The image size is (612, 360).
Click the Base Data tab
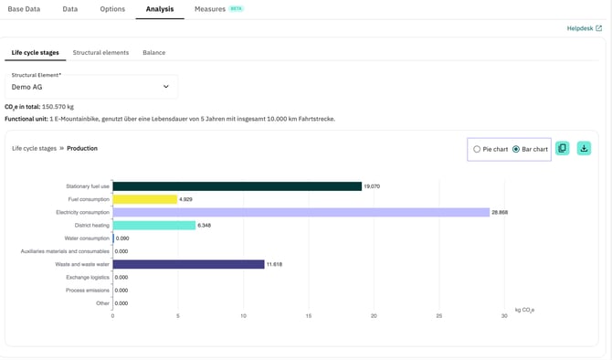(24, 9)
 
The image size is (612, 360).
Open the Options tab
(112, 9)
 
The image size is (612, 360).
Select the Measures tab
(210, 9)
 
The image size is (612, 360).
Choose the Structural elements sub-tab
(100, 53)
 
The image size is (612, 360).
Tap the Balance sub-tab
(153, 53)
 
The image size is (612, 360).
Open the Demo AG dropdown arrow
(166, 87)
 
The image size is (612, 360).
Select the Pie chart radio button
(477, 149)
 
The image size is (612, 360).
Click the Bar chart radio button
(516, 149)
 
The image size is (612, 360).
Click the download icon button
(584, 148)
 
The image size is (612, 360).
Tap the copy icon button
(562, 148)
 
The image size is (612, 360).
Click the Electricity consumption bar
(301, 212)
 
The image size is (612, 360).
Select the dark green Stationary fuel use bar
(237, 186)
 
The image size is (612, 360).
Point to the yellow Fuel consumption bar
(144, 199)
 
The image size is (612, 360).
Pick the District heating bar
(153, 225)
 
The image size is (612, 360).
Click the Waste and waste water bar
(188, 264)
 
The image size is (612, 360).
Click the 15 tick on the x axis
(309, 316)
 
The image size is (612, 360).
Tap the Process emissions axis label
(87, 291)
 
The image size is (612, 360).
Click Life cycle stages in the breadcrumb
(34, 148)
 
